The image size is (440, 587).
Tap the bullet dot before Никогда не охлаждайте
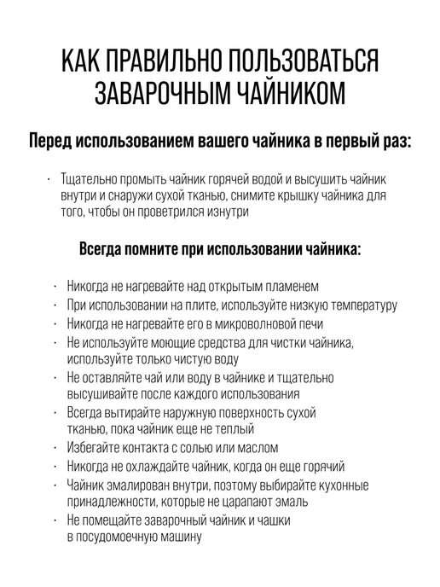pyautogui.click(x=55, y=466)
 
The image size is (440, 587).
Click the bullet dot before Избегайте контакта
pyautogui.click(x=55, y=447)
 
